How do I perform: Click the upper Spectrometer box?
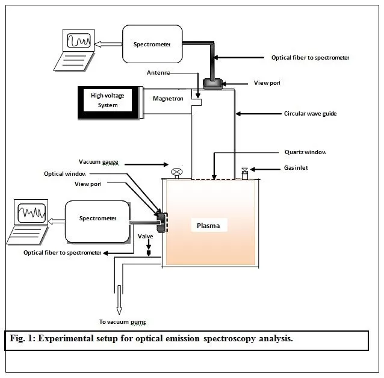[152, 44]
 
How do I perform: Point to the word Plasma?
[208, 226]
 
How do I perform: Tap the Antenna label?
[159, 73]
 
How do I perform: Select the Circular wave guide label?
[309, 113]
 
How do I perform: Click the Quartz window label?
[306, 152]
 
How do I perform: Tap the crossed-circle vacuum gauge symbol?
[176, 172]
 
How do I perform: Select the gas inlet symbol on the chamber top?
[245, 173]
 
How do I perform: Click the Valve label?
[146, 237]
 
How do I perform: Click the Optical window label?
[65, 174]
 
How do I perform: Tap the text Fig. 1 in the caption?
[22, 339]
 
